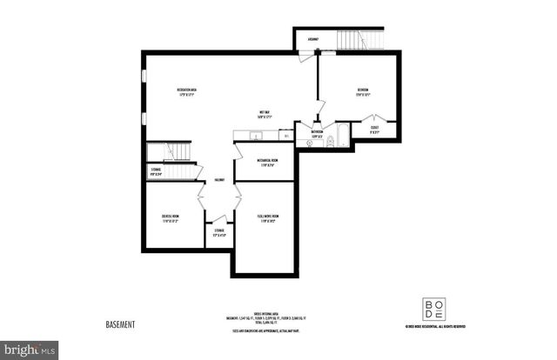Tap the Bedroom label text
362,91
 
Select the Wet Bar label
263,114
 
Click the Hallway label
220,180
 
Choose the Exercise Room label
170,218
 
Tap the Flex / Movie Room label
267,218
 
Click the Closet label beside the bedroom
374,130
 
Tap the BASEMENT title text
121,324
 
